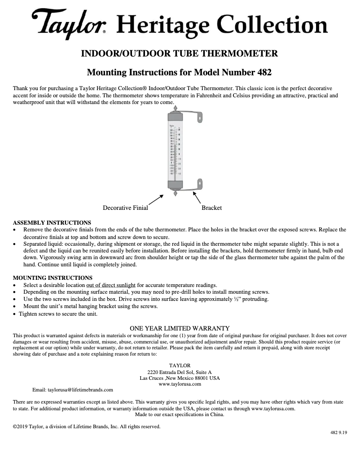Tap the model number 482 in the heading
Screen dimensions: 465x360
click(x=263, y=72)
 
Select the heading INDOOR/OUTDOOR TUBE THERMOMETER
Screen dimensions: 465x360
click(x=179, y=54)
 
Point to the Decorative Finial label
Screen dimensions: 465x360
click(x=125, y=208)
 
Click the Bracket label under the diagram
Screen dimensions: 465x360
click(x=211, y=208)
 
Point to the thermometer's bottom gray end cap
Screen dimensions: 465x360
click(x=175, y=185)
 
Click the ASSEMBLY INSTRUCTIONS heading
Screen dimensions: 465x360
click(x=52, y=223)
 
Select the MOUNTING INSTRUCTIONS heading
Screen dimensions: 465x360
click(x=53, y=278)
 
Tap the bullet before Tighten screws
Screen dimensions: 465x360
click(x=15, y=314)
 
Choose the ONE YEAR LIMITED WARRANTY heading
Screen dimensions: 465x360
click(x=180, y=328)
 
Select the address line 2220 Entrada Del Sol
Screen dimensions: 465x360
click(x=180, y=372)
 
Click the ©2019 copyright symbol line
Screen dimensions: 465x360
click(x=87, y=426)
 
